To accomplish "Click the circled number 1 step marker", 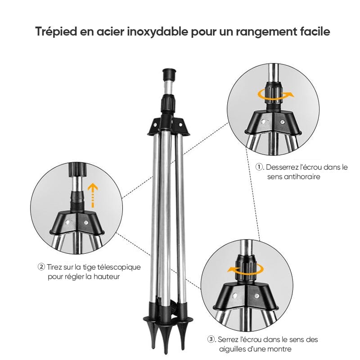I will coord(259,167).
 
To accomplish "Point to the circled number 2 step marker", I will coord(41,267).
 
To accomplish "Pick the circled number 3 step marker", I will coord(211,339).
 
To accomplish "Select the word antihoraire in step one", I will coord(293,177).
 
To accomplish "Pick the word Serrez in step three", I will coord(228,339).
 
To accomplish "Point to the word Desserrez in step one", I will coord(281,167).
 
